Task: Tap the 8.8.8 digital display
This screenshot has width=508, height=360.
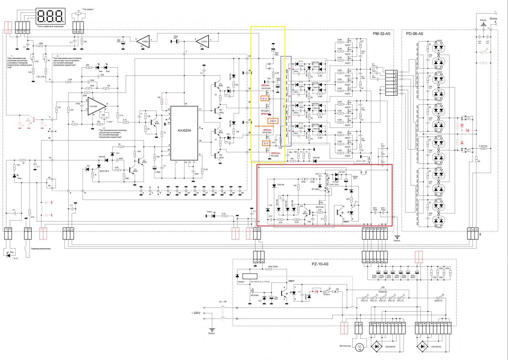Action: [x=51, y=16]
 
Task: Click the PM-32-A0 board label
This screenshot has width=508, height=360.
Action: [x=381, y=33]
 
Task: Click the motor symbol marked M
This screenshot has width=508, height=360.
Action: [x=359, y=347]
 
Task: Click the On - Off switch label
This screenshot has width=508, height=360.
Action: [x=224, y=302]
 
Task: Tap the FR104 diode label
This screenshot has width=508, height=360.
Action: [x=340, y=173]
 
